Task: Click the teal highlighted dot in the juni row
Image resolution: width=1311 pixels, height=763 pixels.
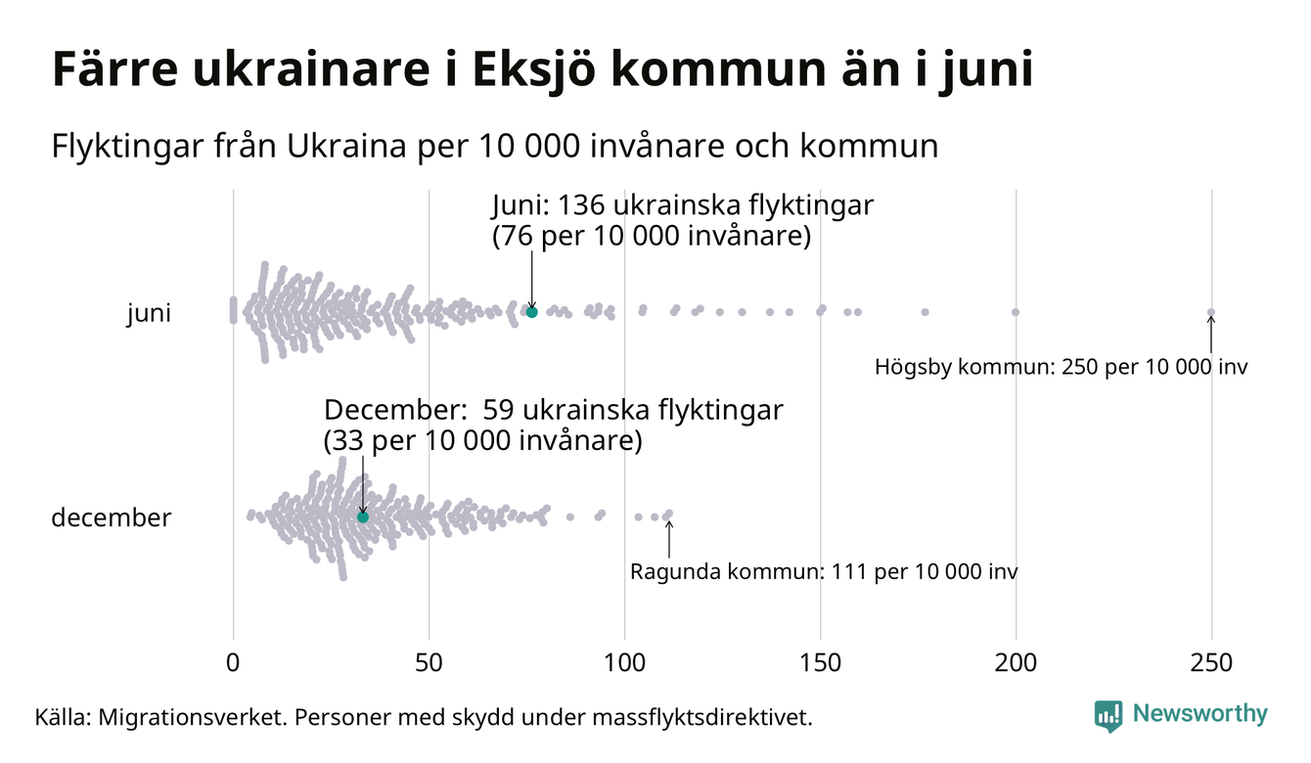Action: point(532,312)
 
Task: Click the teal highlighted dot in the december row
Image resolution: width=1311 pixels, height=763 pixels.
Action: point(363,516)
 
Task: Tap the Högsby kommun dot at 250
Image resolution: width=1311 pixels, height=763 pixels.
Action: point(1211,313)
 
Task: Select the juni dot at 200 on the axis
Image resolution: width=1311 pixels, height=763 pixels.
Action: point(1016,312)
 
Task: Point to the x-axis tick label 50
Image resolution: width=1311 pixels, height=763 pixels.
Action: point(429,662)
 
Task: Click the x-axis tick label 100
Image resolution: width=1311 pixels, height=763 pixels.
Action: point(624,662)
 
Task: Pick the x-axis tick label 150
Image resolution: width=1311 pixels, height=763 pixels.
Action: point(820,662)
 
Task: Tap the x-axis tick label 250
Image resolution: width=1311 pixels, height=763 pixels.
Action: point(1211,662)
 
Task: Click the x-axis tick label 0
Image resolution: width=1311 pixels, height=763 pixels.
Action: point(233,662)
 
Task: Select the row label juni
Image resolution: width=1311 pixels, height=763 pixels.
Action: point(149,314)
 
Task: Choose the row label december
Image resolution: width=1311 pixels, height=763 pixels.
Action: point(111,517)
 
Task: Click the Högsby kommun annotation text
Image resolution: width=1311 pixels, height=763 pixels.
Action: point(1062,368)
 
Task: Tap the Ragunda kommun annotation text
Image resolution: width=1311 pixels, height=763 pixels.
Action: point(824,571)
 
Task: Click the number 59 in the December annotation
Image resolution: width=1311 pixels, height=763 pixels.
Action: point(499,410)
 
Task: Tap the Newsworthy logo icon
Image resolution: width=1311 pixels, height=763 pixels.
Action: point(1108,715)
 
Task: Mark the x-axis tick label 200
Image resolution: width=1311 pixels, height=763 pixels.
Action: point(1016,662)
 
